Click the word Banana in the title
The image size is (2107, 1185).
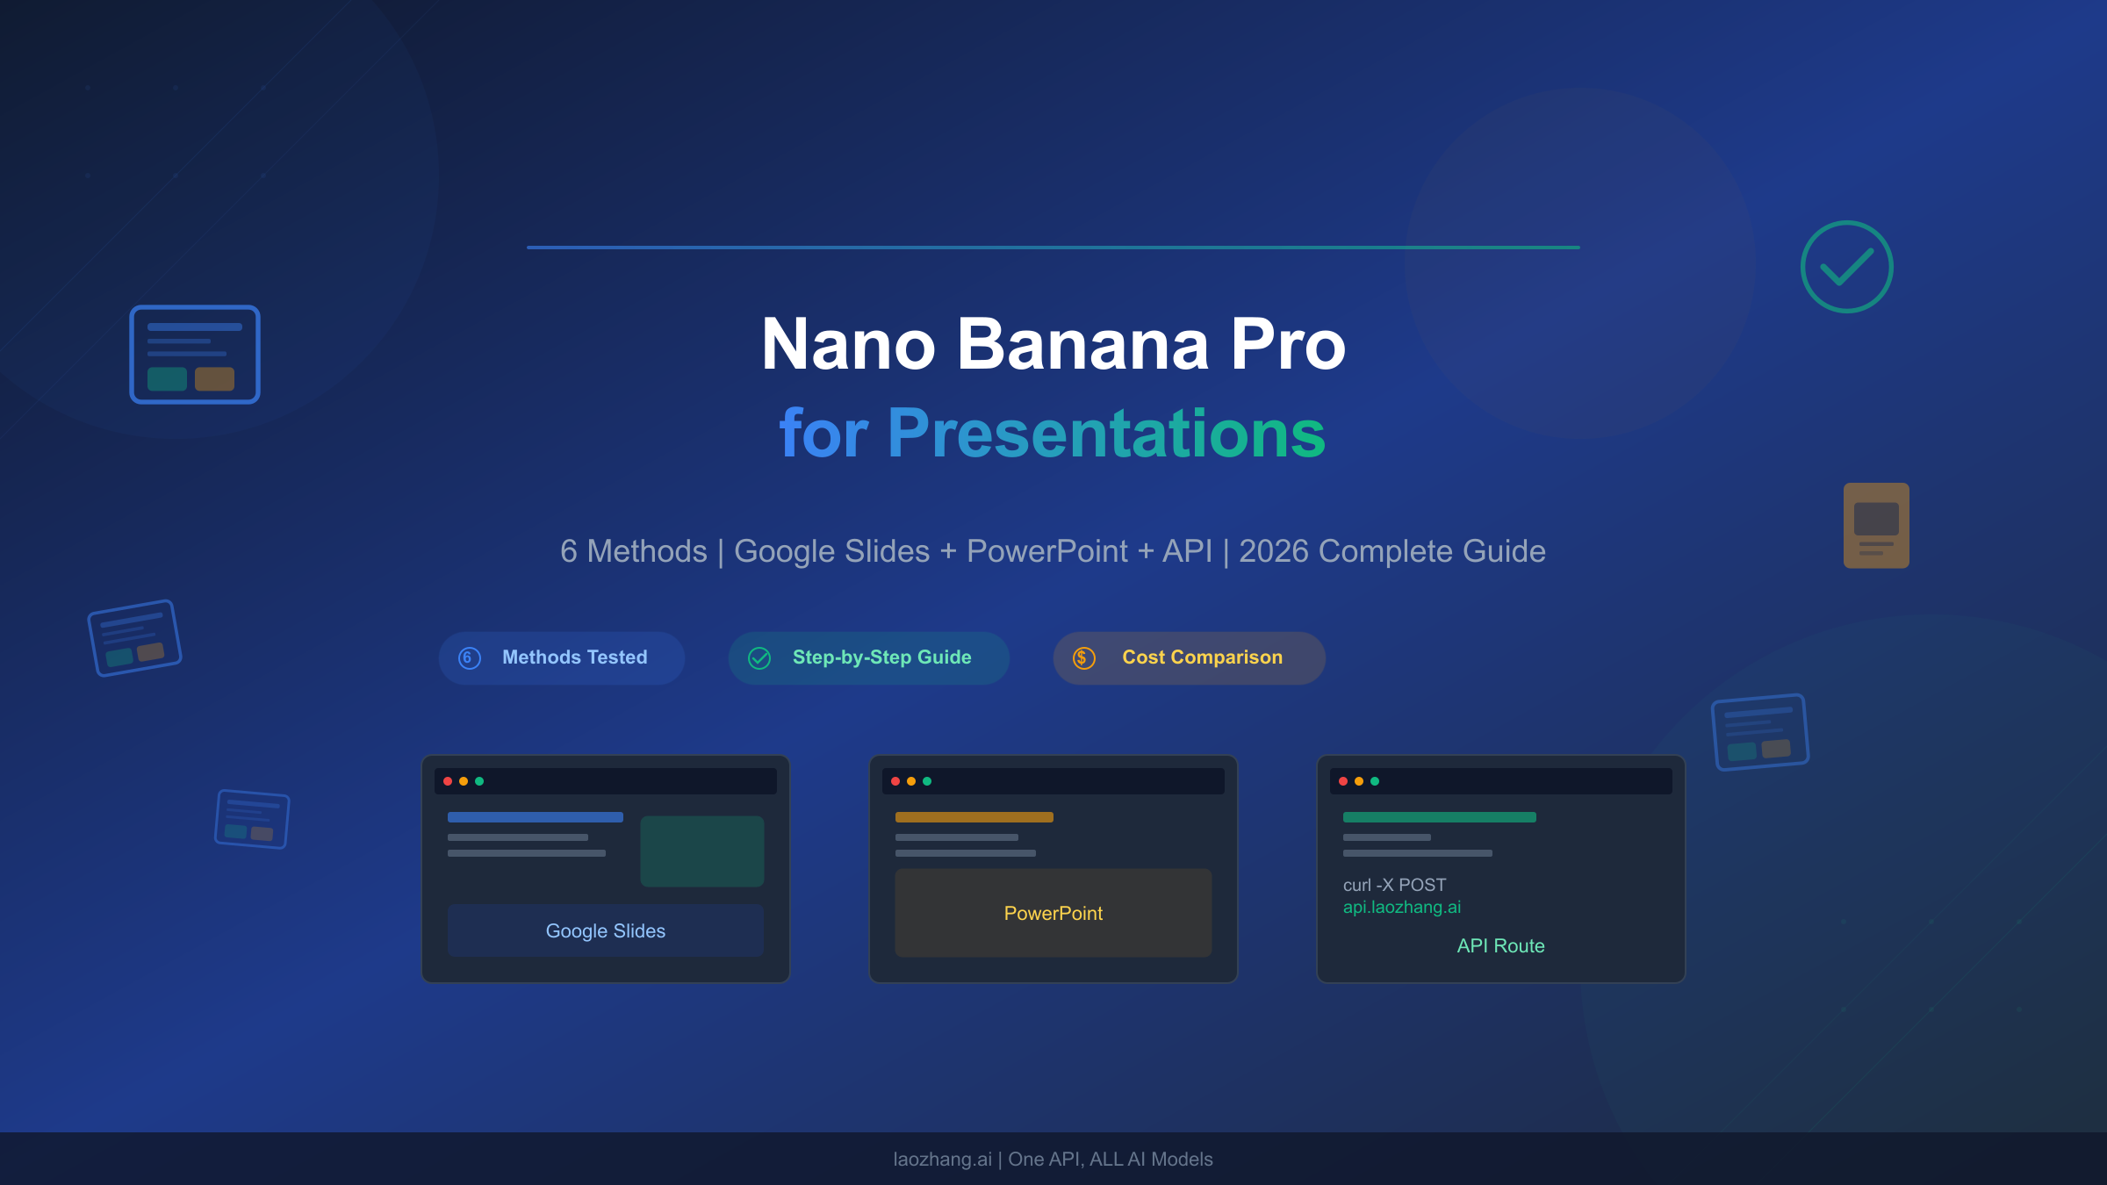(1082, 344)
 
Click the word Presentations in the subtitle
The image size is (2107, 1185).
(1106, 433)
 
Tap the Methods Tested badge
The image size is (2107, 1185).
(562, 657)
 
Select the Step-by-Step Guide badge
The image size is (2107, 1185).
(868, 657)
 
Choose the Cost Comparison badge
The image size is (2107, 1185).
(1189, 657)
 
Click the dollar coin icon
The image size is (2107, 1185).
(1084, 657)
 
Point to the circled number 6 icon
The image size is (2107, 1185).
(470, 657)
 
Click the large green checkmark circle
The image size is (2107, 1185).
(1846, 267)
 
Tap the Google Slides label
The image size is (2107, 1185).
(606, 930)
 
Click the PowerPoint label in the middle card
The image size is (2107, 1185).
(1053, 913)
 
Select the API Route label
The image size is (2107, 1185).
(1500, 945)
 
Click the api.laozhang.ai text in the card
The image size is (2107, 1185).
(1402, 907)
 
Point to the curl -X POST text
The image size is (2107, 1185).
(1394, 885)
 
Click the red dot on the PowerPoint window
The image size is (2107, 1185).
(895, 781)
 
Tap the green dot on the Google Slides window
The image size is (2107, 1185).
(479, 781)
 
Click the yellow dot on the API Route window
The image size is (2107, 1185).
(1359, 781)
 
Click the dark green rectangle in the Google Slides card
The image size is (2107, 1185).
(702, 851)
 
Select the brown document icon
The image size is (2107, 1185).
(1876, 525)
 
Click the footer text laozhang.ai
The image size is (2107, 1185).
(942, 1159)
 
